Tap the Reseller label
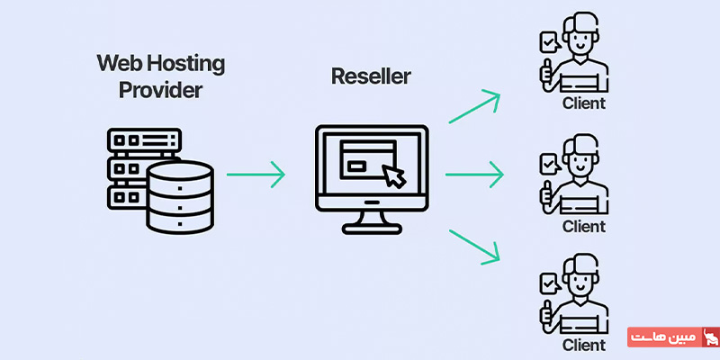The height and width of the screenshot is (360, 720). click(371, 76)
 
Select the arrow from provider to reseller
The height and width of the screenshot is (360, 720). click(256, 174)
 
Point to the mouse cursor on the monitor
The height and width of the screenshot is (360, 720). click(394, 176)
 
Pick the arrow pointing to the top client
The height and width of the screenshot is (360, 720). click(474, 105)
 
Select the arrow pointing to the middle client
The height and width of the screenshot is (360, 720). click(474, 174)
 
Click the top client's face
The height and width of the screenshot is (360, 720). click(581, 40)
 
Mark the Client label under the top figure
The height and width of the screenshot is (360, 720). click(583, 103)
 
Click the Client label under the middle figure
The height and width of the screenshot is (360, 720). click(583, 226)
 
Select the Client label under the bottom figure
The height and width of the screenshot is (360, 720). click(583, 344)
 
